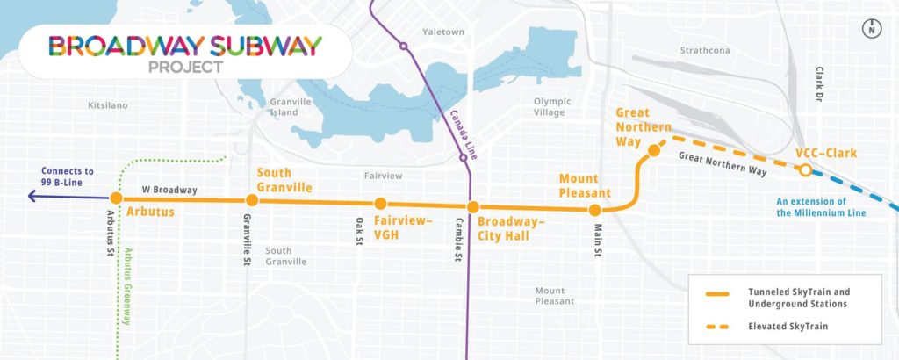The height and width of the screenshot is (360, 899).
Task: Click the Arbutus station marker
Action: (115, 198)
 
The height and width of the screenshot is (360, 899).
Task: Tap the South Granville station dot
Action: (252, 200)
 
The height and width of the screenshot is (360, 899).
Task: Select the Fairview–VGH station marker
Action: (380, 204)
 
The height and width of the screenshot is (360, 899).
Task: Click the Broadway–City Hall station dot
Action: (471, 207)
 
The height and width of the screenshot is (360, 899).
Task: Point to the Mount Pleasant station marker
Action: (594, 210)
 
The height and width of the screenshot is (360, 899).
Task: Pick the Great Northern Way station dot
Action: (653, 152)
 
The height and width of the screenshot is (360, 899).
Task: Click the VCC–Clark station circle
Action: (805, 170)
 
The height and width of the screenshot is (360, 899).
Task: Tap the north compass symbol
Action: (872, 29)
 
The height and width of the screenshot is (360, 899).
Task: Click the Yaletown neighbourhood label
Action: (442, 32)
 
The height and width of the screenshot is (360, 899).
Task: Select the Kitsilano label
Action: (108, 105)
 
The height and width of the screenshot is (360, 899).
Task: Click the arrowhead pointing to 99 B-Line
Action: (31, 198)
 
